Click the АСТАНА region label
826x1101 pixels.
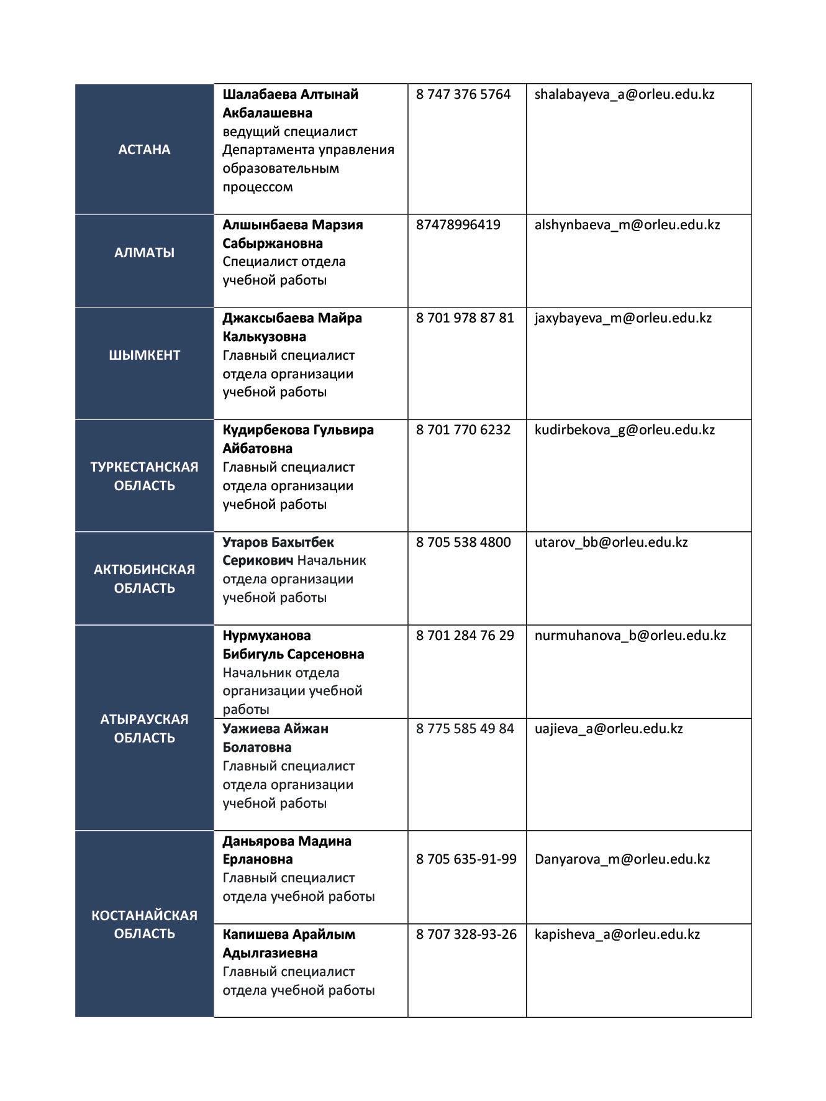144,149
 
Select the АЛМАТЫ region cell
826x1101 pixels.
144,252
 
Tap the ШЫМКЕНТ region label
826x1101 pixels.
144,355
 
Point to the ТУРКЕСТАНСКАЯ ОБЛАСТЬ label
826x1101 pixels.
144,476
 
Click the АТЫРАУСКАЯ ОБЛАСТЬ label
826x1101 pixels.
144,728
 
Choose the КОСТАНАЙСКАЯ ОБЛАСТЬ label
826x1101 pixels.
144,924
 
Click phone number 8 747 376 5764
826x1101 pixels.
463,94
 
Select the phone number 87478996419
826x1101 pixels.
458,225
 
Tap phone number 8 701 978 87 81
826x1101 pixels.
465,318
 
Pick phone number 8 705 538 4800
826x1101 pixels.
463,542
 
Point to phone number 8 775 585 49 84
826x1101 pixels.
465,729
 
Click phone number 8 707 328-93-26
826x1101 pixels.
466,934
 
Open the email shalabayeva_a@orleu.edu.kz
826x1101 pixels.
624,94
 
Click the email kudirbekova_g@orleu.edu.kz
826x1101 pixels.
624,430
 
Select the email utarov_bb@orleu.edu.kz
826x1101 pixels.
611,542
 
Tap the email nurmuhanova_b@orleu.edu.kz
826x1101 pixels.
630,636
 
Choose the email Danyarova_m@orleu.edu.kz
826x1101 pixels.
622,859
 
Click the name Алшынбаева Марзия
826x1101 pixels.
293,225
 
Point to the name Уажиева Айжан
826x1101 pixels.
275,729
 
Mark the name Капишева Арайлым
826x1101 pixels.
289,934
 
